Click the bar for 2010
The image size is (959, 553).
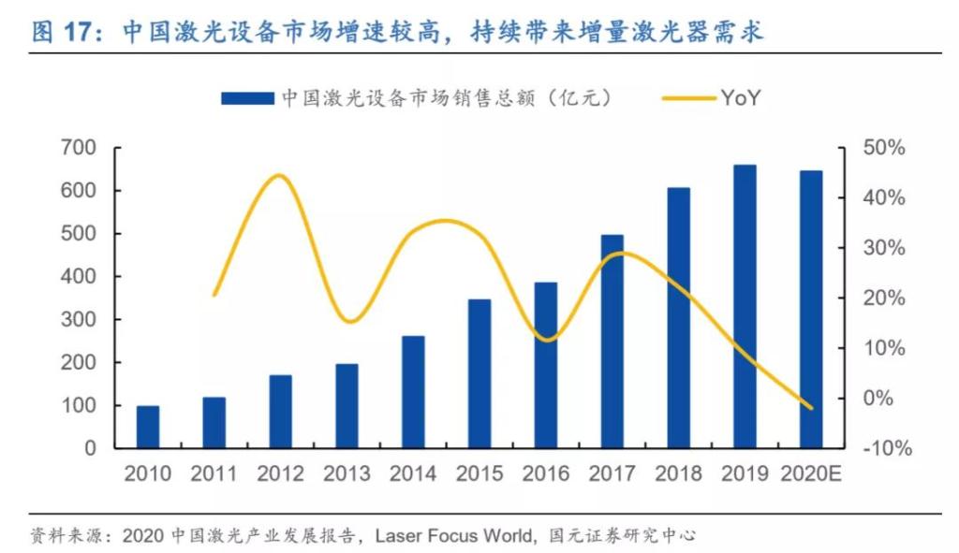(x=148, y=427)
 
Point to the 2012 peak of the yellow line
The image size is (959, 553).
(x=279, y=176)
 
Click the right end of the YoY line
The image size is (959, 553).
(x=811, y=407)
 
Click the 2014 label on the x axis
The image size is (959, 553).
(x=413, y=473)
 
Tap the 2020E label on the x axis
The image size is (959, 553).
(x=811, y=473)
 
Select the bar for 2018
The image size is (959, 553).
(x=678, y=318)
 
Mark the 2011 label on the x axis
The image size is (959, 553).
(x=214, y=473)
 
